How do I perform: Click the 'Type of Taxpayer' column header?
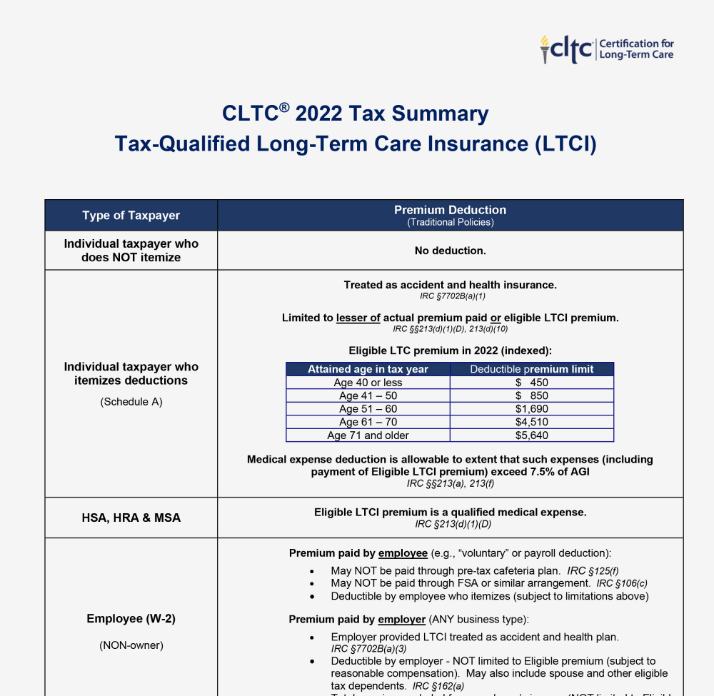pyautogui.click(x=131, y=216)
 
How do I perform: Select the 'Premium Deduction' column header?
pyautogui.click(x=450, y=210)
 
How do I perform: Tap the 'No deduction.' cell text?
pyautogui.click(x=450, y=251)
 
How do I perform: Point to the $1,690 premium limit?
pyautogui.click(x=531, y=409)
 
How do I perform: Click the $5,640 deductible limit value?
pyautogui.click(x=531, y=435)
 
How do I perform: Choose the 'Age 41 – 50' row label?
pyautogui.click(x=368, y=396)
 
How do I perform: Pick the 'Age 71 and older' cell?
pyautogui.click(x=368, y=435)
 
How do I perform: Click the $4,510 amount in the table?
pyautogui.click(x=531, y=423)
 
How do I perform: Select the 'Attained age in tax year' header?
pyautogui.click(x=368, y=369)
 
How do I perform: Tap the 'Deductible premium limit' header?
pyautogui.click(x=531, y=369)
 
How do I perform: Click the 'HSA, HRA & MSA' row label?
pyautogui.click(x=131, y=518)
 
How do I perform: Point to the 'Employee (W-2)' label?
pyautogui.click(x=131, y=618)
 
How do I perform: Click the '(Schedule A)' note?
pyautogui.click(x=131, y=402)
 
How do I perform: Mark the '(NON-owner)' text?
pyautogui.click(x=131, y=645)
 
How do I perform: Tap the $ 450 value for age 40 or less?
pyautogui.click(x=531, y=383)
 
